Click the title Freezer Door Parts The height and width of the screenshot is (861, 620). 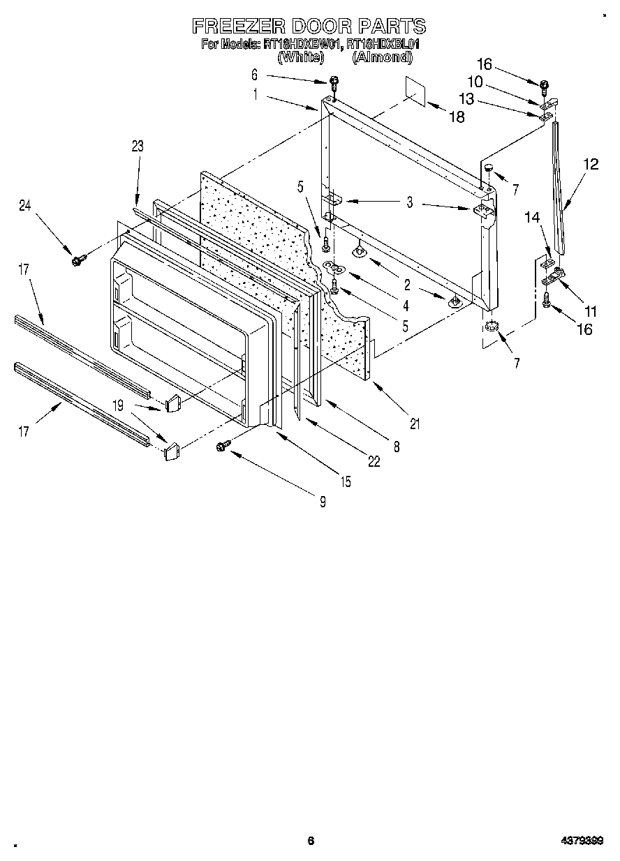click(x=309, y=27)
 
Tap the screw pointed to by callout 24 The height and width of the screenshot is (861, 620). click(x=76, y=260)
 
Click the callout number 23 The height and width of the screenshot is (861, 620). click(x=137, y=146)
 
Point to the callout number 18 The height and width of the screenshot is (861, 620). click(x=456, y=117)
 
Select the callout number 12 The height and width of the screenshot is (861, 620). click(x=591, y=165)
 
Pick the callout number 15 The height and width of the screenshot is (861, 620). click(x=346, y=481)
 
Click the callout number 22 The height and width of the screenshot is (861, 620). click(x=374, y=461)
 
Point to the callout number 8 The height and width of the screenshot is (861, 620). click(x=397, y=447)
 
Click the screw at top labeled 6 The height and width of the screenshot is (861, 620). click(x=334, y=82)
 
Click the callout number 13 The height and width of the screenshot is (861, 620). click(x=466, y=100)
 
